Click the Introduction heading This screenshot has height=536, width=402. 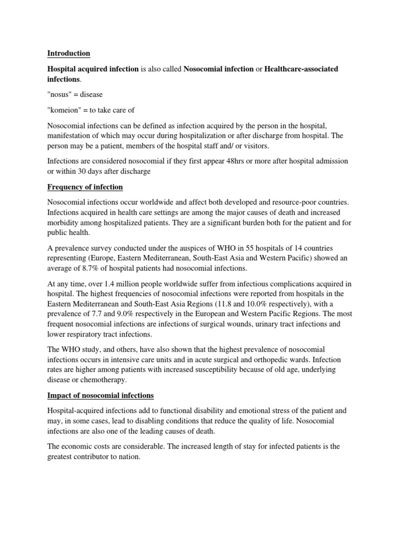[x=69, y=53]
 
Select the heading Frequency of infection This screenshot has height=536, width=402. [x=84, y=187]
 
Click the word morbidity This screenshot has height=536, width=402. [x=65, y=223]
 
